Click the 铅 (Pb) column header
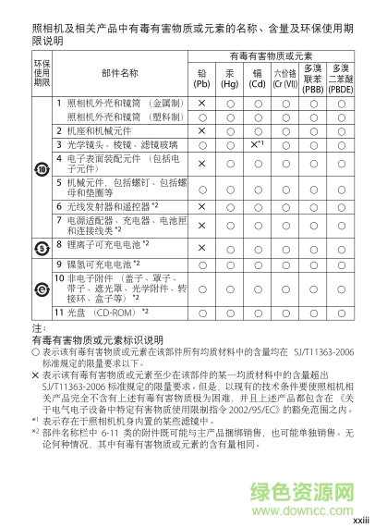pos(201,77)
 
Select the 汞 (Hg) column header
pos(230,77)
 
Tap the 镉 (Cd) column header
pos(258,77)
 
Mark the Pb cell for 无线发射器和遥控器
pos(201,205)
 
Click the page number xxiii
pos(359,520)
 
